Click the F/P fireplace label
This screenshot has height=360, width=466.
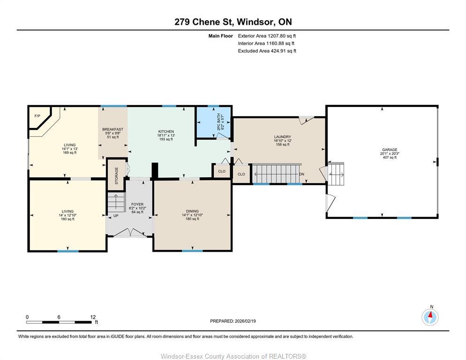coord(37,115)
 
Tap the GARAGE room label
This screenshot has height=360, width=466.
coord(389,150)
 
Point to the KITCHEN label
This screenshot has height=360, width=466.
coord(166,131)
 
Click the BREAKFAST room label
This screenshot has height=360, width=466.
coord(113,129)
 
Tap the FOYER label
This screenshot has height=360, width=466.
coord(137,204)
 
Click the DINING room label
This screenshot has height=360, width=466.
coord(192,211)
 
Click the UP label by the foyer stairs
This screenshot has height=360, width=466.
coord(115,216)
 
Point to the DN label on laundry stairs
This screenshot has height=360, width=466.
coord(302,174)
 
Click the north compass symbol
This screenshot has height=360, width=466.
coord(430,317)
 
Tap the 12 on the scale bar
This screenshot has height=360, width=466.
coord(93,317)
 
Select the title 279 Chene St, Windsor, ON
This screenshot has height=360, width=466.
coord(233,22)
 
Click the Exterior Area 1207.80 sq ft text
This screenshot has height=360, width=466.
coord(267,36)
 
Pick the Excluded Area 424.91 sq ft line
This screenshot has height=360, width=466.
coord(267,51)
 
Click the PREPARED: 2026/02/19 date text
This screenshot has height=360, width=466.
coord(233,321)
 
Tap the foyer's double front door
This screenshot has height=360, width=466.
coord(129,232)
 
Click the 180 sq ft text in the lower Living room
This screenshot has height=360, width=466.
coord(68,219)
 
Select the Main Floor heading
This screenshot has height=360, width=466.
coord(220,36)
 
